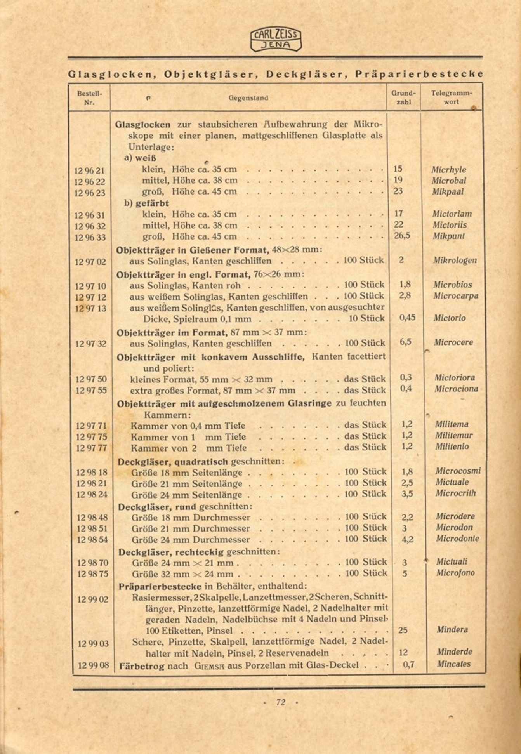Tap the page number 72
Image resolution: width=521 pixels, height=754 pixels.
280,702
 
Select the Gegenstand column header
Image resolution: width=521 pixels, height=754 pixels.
248,98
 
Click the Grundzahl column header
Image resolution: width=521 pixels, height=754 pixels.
403,98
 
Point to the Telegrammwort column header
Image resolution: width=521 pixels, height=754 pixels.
451,97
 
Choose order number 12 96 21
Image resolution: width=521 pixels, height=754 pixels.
90,170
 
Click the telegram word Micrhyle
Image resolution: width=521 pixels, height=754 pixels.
448,170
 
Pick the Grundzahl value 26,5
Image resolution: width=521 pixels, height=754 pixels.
402,236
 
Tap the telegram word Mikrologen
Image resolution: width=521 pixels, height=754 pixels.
455,260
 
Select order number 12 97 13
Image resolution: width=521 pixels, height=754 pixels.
90,308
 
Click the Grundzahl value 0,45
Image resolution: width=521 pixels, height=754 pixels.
407,318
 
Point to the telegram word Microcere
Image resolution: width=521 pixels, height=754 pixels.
453,342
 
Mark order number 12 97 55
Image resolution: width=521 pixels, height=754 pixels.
91,390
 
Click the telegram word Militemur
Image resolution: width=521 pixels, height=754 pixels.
454,435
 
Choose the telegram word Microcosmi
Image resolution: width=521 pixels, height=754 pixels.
458,471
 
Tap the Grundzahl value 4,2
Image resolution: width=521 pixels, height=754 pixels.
407,539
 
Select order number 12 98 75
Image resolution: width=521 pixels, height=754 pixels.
92,574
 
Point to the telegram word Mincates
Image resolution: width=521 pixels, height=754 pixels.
453,664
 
